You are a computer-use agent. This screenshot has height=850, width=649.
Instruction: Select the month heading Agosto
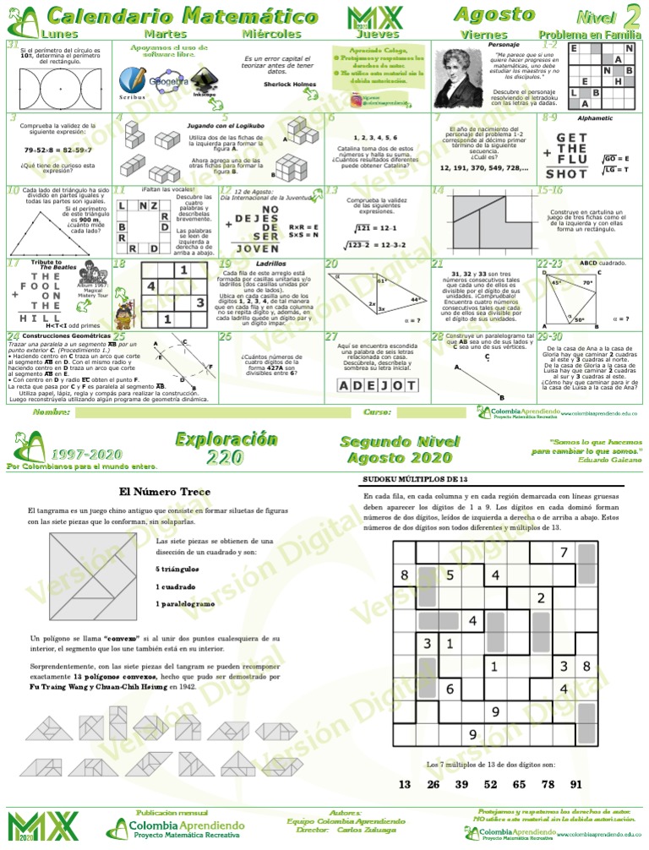pos(481,14)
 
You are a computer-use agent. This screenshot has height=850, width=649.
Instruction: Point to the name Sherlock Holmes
pos(290,84)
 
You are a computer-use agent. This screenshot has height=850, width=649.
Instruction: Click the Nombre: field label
pos(52,412)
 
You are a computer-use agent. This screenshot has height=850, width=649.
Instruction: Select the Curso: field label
pos(376,412)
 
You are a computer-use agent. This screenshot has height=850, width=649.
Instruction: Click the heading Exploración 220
pos(226,448)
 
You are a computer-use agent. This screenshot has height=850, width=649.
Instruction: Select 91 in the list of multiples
pos(575,784)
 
